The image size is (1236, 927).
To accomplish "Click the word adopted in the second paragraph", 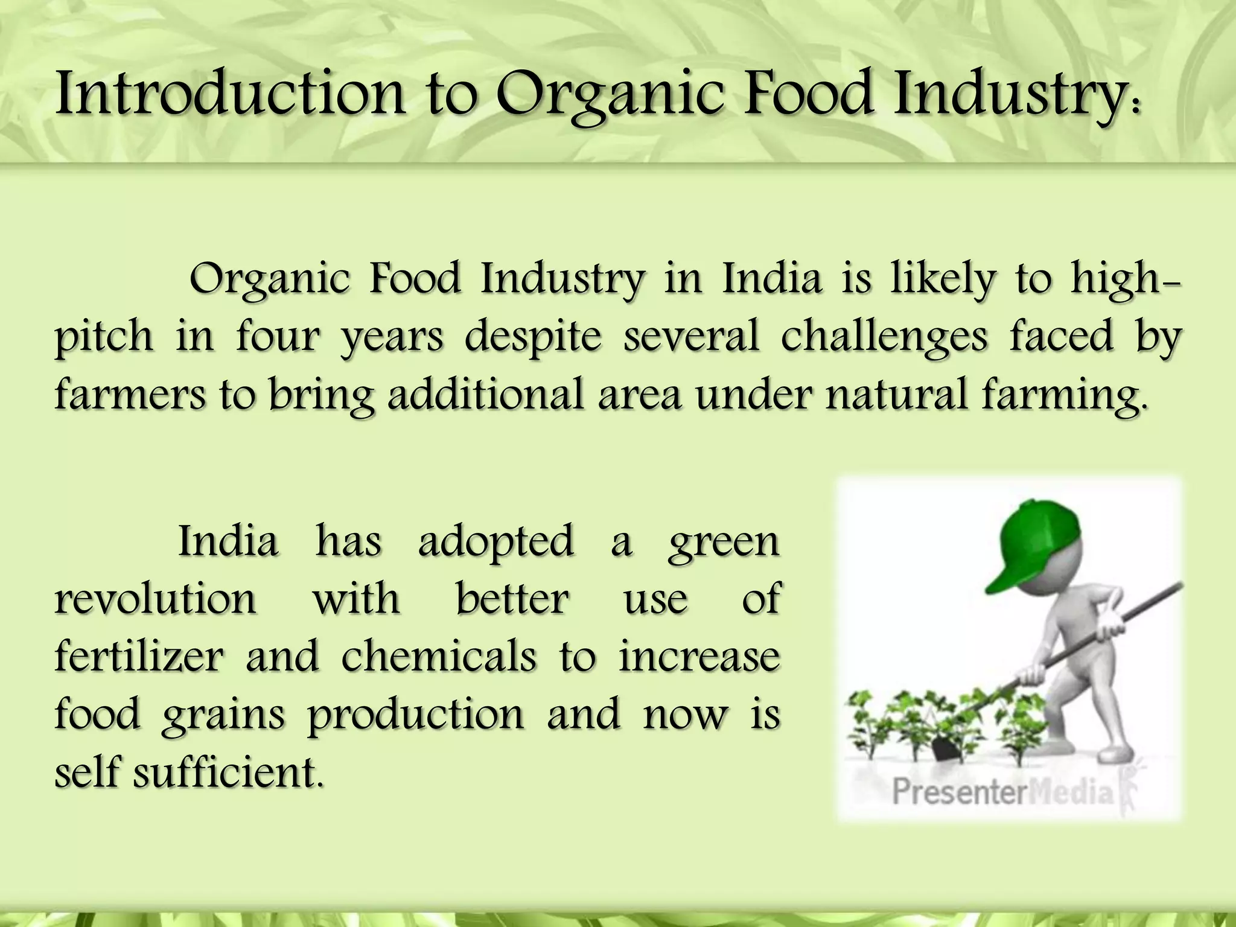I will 495,542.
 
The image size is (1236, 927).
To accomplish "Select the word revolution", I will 156,599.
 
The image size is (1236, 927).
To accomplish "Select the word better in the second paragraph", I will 512,599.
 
